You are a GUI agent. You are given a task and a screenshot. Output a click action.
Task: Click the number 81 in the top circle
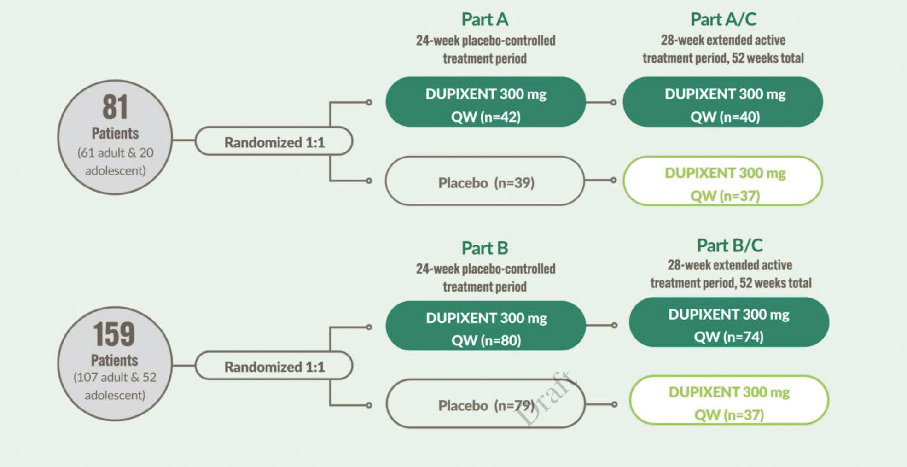[115, 107]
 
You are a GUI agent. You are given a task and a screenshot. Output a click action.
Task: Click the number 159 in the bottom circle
[114, 334]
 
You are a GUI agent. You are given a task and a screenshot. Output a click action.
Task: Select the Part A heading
[485, 19]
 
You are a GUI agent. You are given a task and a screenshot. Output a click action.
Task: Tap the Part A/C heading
[723, 19]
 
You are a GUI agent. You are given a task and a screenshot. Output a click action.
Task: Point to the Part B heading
[485, 248]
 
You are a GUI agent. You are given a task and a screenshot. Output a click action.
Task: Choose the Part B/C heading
[730, 245]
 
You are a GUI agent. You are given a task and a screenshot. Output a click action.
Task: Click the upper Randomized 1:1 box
[274, 141]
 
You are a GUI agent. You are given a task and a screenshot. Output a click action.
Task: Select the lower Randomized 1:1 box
[274, 366]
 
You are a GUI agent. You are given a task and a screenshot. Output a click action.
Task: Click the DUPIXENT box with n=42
[486, 102]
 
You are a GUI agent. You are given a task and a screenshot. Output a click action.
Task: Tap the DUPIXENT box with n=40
[723, 102]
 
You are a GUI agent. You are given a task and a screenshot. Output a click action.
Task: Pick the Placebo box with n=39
[485, 181]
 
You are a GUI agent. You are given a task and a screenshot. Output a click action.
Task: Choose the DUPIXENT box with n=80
[486, 326]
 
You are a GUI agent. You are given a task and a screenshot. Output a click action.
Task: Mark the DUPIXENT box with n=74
[729, 322]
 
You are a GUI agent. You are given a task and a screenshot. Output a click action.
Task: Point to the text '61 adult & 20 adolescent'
[115, 161]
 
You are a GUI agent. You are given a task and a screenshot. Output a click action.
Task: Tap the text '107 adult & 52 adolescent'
[115, 386]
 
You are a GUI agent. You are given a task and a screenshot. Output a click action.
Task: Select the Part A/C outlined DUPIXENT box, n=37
[723, 181]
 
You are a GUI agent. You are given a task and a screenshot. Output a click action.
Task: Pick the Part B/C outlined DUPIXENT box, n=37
[729, 400]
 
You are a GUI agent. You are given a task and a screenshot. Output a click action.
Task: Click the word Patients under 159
[115, 360]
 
